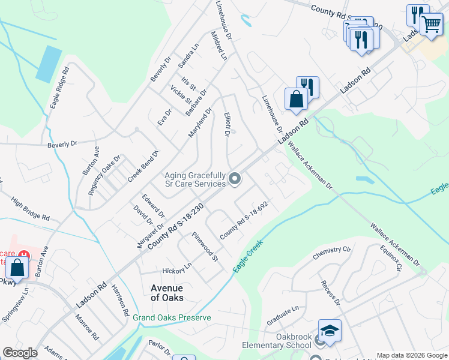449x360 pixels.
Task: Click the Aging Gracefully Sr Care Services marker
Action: click(x=235, y=179)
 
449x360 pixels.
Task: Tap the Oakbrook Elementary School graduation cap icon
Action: click(x=329, y=331)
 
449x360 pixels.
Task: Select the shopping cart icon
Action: click(x=430, y=25)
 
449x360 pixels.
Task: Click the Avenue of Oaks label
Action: click(x=167, y=293)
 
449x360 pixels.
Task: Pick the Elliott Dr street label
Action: click(x=227, y=124)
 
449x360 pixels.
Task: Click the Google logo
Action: click(x=20, y=353)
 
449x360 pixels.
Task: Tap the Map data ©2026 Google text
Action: click(x=411, y=355)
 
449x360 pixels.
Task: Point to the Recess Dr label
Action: click(x=330, y=293)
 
